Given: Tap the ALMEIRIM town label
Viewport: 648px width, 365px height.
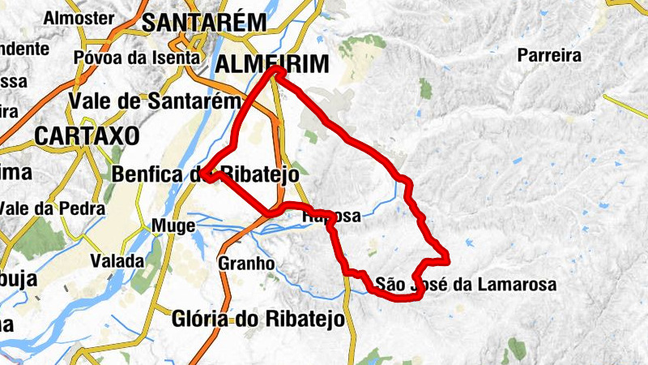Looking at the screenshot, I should pyautogui.click(x=271, y=64).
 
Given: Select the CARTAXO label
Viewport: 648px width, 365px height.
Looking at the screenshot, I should pyautogui.click(x=87, y=135).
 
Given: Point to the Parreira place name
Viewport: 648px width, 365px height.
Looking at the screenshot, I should pyautogui.click(x=550, y=56).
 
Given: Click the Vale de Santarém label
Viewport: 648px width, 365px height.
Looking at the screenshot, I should pyautogui.click(x=156, y=101).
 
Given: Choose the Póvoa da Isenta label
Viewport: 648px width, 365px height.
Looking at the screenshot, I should pyautogui.click(x=136, y=58).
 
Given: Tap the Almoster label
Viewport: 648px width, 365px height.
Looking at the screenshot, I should pyautogui.click(x=79, y=17).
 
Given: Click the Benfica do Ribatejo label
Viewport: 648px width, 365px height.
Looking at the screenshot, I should pyautogui.click(x=206, y=174).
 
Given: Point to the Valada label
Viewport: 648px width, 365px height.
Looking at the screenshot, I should pyautogui.click(x=117, y=261).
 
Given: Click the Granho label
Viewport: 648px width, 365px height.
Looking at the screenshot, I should pyautogui.click(x=246, y=263).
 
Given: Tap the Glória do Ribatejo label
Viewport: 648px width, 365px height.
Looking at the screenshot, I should pyautogui.click(x=258, y=320).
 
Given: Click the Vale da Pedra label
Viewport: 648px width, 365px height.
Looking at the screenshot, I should pyautogui.click(x=52, y=208).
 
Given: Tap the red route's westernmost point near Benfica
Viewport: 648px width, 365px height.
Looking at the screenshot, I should pyautogui.click(x=206, y=175).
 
